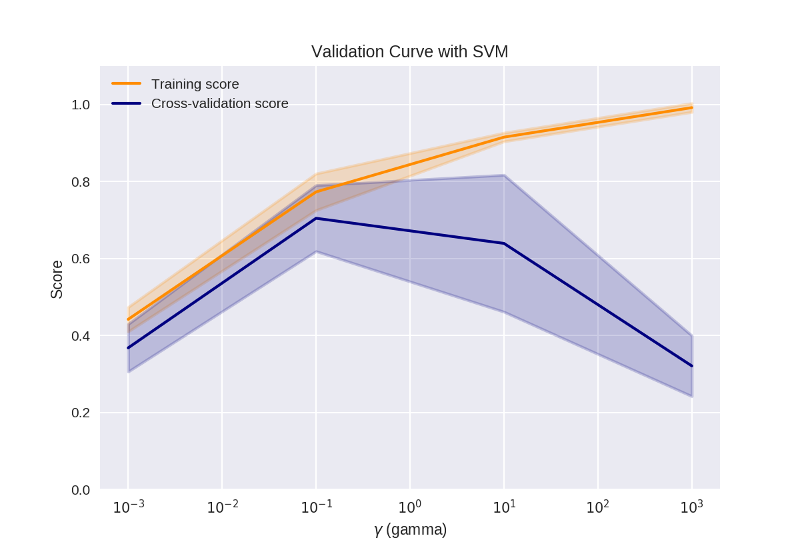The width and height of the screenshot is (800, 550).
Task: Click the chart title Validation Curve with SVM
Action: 409,52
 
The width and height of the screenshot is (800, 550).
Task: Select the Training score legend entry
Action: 195,85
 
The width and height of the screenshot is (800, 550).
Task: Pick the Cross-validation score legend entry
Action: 219,104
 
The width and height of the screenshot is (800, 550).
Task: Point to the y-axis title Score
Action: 57,279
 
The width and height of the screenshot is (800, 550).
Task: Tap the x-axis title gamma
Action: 410,531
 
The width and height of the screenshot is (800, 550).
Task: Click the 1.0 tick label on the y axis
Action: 81,105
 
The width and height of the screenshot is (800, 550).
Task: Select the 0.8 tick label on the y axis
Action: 81,182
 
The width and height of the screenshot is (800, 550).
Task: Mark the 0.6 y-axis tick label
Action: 81,259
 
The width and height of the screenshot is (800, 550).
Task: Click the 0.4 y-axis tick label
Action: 81,336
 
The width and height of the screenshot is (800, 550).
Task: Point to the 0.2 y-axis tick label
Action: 81,413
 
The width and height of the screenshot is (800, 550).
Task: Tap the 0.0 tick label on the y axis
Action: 81,490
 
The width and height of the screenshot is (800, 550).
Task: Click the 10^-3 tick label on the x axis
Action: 128,507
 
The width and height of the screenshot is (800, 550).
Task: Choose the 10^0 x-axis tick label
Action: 409,507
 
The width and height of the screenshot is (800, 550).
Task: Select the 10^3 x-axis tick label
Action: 691,507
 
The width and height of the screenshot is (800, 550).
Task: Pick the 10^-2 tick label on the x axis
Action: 222,507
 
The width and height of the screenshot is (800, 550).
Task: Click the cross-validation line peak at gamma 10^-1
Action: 316,218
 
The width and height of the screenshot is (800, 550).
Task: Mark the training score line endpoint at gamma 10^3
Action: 692,107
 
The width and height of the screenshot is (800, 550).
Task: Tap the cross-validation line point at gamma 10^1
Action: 504,243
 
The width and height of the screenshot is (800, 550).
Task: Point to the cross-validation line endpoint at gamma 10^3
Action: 692,366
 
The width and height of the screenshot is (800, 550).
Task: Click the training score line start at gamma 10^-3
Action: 128,319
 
